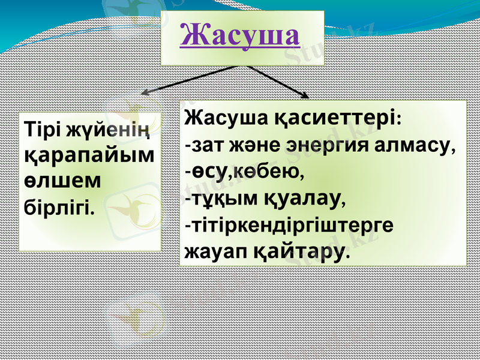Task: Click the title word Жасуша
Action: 239,35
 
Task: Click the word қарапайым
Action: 89,156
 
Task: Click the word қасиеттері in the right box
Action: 338,118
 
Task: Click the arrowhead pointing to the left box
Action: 145,94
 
